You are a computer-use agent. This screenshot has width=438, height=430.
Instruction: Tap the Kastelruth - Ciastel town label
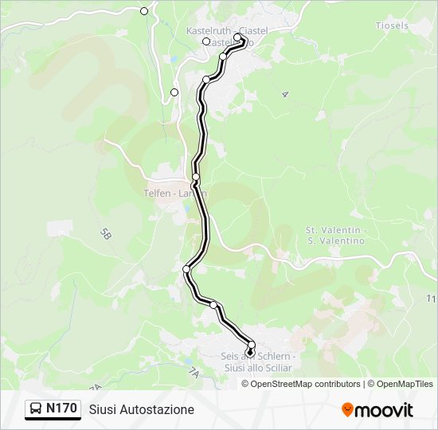226,30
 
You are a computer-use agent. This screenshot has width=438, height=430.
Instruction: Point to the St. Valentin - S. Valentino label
334,235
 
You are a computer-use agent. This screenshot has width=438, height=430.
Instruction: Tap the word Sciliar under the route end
276,368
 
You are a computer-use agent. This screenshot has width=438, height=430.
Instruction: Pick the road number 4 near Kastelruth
284,94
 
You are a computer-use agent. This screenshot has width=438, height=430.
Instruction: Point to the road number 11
431,299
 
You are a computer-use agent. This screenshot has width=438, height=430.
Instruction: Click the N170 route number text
61,409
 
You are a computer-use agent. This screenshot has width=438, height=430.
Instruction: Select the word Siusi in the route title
103,409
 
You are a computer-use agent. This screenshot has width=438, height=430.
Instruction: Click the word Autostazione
157,409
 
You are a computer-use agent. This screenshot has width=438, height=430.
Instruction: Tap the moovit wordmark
385,409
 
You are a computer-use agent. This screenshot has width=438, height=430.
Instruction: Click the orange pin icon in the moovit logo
348,410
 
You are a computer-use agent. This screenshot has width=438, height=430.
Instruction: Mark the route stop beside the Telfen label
196,177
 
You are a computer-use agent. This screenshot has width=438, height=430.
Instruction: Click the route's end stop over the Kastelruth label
237,37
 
